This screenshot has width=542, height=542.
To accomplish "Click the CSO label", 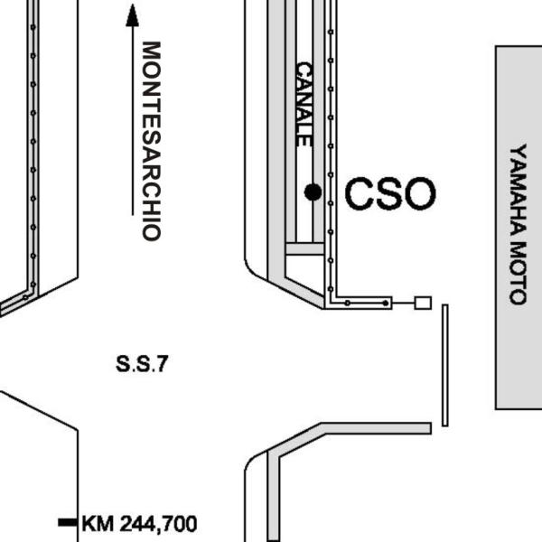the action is pos(390,193).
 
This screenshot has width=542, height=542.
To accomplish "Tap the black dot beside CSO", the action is pos(313,192).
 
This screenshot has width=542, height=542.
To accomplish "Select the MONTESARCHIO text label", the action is pos(152,141).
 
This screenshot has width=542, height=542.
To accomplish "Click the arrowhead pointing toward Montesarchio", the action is pos(133,15).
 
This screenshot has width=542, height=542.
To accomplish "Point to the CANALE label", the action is pos(304,104).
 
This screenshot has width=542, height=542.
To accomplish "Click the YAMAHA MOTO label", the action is pos(519,224).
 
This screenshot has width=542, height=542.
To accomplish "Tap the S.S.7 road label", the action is pos(142,364).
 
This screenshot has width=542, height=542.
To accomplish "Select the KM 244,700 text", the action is pos(139,523).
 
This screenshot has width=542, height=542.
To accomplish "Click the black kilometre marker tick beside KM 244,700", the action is pos(68,522).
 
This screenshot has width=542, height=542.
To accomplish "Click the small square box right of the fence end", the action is pos(423,304).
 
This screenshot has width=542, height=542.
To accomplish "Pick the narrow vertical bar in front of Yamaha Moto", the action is pos(445,365).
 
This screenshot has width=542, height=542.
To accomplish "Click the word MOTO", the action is pos(519,273).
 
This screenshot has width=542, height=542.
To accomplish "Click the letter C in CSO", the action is pos(359,193).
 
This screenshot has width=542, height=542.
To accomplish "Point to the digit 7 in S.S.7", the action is pos(163,364).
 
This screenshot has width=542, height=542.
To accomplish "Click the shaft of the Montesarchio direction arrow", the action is pos(133,121).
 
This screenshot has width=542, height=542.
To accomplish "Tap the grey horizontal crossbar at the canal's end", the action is pos(305,249).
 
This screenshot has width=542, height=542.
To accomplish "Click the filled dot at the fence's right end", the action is pos(386,304).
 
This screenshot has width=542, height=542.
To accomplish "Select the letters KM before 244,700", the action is pos(98,524).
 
